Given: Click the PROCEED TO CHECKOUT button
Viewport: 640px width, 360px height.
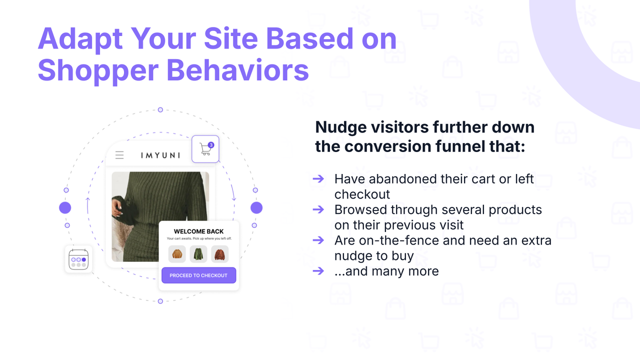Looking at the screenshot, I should [x=198, y=275].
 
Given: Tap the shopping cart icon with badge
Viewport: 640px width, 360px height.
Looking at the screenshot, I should [x=205, y=149].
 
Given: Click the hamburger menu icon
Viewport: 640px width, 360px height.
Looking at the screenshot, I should [x=119, y=155].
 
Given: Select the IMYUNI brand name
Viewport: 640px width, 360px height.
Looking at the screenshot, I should [x=160, y=155].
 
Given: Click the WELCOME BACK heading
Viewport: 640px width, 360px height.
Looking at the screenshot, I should [x=198, y=231].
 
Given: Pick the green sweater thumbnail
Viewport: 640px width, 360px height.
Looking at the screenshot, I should [x=198, y=254].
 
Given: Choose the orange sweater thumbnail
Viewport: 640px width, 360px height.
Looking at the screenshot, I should [x=177, y=254].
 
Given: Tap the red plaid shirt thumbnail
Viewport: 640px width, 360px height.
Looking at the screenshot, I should [x=219, y=254].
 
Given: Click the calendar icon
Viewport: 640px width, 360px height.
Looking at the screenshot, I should [x=78, y=259].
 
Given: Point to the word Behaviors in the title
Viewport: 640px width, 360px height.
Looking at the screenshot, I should [x=237, y=70].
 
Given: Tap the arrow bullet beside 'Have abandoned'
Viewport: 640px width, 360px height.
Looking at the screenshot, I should [x=318, y=178].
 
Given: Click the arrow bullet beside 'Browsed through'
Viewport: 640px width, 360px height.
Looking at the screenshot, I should [x=318, y=209].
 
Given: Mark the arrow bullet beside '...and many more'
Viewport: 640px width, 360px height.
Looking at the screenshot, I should [x=318, y=271].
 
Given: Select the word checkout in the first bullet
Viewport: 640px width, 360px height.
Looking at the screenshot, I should [x=362, y=194].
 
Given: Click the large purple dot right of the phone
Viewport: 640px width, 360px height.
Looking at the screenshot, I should [x=256, y=208].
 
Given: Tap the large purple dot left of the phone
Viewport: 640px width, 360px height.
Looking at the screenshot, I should [x=65, y=208].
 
